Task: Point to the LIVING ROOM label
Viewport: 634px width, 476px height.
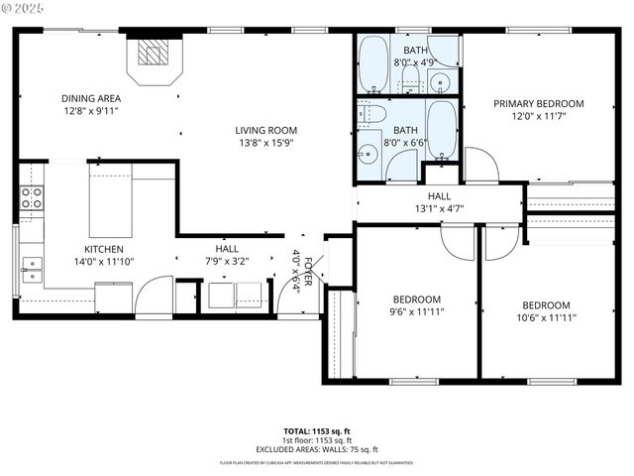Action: pos(265,130)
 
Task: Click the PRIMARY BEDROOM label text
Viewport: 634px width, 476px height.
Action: pos(538,103)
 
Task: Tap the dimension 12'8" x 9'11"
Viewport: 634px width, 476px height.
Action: pos(91,111)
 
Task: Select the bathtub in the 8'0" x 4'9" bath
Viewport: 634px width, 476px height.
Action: pos(373,63)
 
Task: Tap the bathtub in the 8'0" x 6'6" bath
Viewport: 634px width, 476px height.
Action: pos(441,129)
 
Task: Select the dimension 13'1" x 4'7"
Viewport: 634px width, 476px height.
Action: pos(439,209)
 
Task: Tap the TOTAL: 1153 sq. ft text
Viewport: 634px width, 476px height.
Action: pos(316,431)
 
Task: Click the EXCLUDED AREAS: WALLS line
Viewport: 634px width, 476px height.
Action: pos(316,449)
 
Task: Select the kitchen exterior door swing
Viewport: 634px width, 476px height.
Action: pos(153,296)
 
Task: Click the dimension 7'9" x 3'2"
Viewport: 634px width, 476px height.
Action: pos(226,262)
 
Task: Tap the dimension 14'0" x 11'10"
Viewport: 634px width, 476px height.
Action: pos(103,262)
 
